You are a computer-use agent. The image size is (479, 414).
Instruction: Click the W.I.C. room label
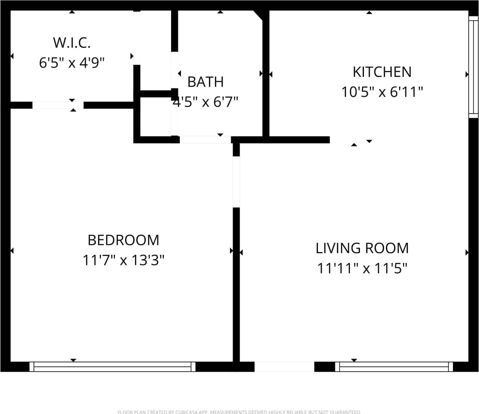pos(72,43)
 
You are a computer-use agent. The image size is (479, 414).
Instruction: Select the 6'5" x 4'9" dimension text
pos(72,62)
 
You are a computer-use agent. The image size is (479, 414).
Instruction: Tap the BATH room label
pos(206,82)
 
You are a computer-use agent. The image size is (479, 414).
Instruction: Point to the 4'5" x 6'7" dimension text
pos(206,101)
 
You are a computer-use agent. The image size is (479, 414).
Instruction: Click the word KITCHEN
pos(382,72)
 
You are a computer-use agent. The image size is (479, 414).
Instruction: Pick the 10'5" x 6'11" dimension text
pos(382,92)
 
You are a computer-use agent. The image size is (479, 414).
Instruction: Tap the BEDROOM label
pos(123,240)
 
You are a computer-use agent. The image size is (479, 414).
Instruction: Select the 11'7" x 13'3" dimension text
pos(123,260)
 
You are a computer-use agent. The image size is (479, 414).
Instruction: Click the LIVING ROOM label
pos(362,248)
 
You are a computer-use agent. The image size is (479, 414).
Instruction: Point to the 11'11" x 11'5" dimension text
pos(362,268)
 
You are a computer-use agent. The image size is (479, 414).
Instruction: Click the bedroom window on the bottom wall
pos(112,367)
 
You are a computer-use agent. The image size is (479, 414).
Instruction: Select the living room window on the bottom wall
pos(394,367)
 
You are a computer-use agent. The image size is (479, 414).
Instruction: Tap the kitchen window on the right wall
pos(474,67)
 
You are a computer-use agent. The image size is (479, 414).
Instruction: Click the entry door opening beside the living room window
pos(284,367)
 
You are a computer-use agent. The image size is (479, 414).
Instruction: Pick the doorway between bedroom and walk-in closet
pos(57,105)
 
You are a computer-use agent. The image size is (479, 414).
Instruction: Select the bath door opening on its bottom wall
pos(205,140)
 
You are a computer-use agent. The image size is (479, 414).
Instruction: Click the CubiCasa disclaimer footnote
pos(239,412)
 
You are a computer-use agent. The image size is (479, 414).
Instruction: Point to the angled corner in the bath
pos(259,15)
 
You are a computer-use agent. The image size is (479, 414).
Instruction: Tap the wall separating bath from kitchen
pos(266,73)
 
